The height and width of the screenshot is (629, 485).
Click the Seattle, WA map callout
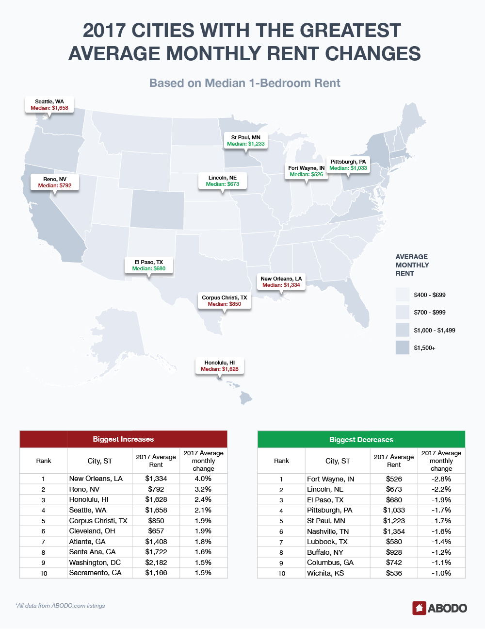(49, 105)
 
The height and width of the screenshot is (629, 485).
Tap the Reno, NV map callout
(55, 182)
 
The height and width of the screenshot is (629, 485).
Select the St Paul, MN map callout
(246, 141)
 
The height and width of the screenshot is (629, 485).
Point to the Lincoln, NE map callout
(223, 181)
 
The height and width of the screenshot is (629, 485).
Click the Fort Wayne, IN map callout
(307, 171)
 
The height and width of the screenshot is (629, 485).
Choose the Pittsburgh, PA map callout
(348, 165)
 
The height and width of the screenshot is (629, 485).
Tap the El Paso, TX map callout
(149, 265)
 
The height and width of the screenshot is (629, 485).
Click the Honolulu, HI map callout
(220, 366)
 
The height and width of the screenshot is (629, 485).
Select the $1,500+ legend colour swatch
(403, 348)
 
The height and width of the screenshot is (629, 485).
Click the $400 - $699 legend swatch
(403, 295)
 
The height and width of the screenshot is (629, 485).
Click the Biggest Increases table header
(123, 439)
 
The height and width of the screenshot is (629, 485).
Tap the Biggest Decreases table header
(361, 440)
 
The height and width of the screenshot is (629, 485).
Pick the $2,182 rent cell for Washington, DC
(156, 563)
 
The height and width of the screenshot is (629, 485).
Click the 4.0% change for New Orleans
(203, 479)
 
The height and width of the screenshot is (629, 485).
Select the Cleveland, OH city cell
(92, 531)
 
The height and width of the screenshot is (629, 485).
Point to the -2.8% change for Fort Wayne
(441, 479)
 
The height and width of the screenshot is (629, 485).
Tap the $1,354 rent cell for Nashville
(394, 531)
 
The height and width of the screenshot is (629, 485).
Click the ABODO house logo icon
(419, 608)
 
